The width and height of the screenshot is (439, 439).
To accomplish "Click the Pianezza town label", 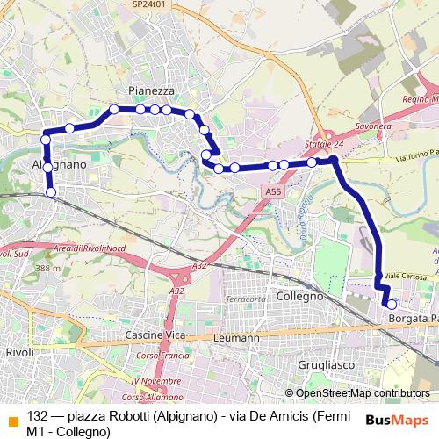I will (x=151, y=90).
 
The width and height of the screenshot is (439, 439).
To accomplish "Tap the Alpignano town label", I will (x=59, y=164).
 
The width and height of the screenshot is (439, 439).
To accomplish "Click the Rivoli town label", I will (x=18, y=352).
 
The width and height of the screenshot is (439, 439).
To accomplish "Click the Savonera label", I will (x=373, y=126).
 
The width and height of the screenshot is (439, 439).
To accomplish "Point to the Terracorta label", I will (x=245, y=299).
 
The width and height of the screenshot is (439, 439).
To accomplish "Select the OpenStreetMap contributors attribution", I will (x=362, y=394).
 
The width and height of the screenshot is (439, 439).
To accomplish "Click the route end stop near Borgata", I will (x=391, y=302).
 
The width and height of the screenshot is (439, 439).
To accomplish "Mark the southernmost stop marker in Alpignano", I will (x=50, y=192).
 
